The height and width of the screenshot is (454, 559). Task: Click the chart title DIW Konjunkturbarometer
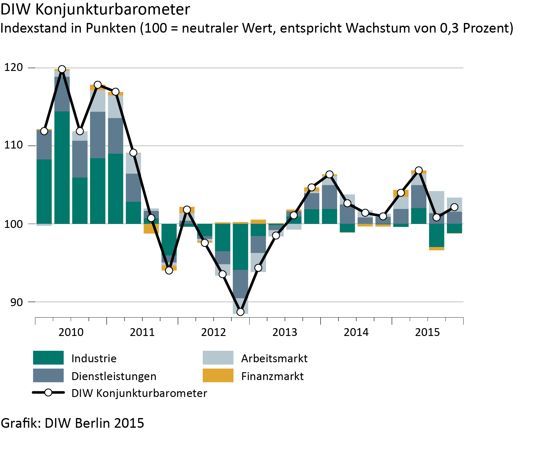[x=95, y=9]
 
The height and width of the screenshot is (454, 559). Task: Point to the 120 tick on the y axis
[x=14, y=67]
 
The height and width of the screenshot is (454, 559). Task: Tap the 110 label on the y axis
[x=14, y=145]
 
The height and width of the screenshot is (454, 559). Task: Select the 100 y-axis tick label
[x=14, y=224]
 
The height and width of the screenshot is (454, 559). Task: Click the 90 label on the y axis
[x=17, y=302]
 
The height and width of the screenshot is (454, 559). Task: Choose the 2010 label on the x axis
[x=71, y=332]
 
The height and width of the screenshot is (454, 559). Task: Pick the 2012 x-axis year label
[x=214, y=332]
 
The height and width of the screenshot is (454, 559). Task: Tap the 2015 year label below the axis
[x=428, y=332]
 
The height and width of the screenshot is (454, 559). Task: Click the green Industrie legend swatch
[x=48, y=358]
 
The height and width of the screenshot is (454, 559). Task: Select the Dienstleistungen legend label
[x=114, y=376]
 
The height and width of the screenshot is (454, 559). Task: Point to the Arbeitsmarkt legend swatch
[x=218, y=358]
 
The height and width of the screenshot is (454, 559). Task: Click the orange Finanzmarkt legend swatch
[x=218, y=376]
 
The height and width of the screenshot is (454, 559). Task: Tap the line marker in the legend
[x=48, y=393]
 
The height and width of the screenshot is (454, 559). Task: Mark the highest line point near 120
[x=62, y=69]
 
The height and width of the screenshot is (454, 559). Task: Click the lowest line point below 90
[x=240, y=312]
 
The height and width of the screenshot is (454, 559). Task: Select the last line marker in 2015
[x=454, y=207]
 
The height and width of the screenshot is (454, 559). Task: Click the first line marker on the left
[x=44, y=131]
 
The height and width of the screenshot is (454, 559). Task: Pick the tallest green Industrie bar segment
[x=62, y=168]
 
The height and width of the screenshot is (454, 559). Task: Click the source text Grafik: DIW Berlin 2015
[x=73, y=423]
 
